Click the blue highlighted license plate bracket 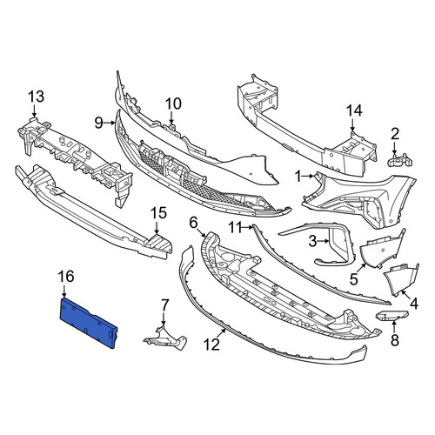[x=89, y=323]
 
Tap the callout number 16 [x=66, y=277]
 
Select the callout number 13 [x=37, y=97]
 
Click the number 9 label [x=99, y=124]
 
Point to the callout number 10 [x=173, y=104]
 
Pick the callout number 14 [x=354, y=110]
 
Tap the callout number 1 [x=298, y=177]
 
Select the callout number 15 [x=159, y=213]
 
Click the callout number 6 [x=193, y=223]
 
